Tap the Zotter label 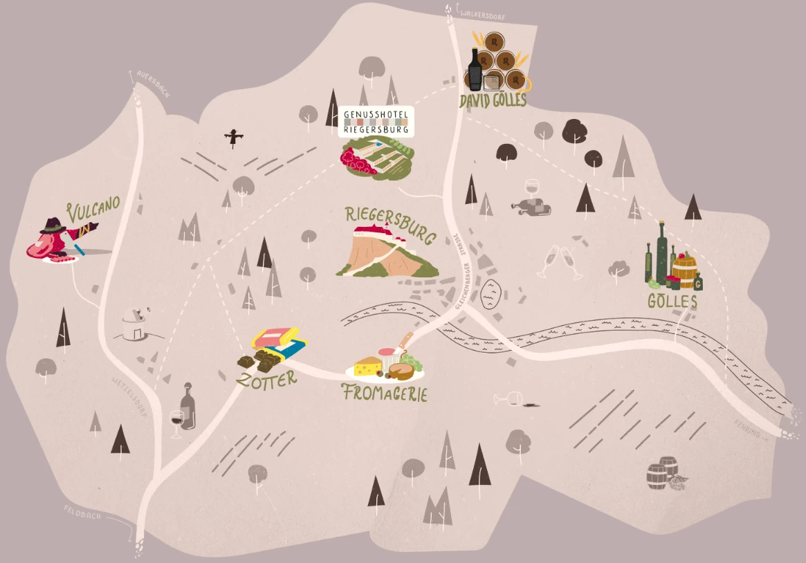coord(266,378)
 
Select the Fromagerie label coord(385,394)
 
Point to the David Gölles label coord(493,101)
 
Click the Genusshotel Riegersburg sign coord(377,121)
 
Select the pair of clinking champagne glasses coord(560,262)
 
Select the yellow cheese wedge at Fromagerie coord(368,366)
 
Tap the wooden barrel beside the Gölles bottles coord(685,272)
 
